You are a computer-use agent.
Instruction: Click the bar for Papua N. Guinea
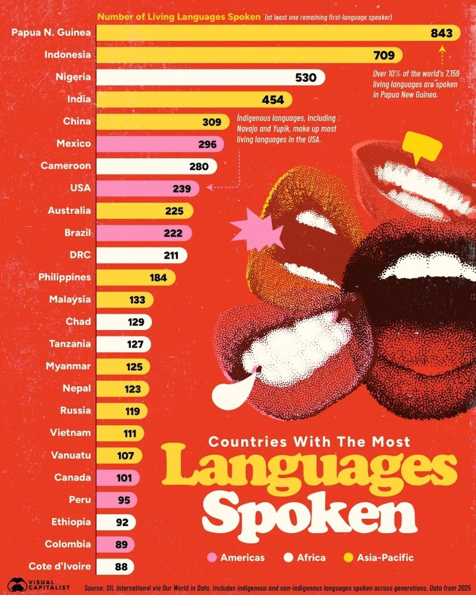click(x=278, y=33)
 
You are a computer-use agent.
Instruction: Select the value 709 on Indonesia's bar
click(x=384, y=56)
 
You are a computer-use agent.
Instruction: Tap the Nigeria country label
click(x=74, y=77)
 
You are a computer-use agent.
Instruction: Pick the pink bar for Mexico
click(x=160, y=144)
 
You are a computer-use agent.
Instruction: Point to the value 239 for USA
click(x=182, y=189)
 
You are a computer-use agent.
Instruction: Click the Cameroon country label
click(x=66, y=166)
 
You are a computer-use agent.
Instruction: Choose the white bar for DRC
click(x=142, y=255)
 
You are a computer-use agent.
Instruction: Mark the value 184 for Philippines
click(x=158, y=278)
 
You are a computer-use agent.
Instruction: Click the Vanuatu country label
click(x=70, y=455)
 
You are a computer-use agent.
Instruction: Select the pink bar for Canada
click(x=118, y=478)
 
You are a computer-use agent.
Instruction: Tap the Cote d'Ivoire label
click(x=60, y=566)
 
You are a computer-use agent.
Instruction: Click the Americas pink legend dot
click(x=212, y=557)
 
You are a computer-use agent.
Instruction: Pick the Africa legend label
click(x=312, y=557)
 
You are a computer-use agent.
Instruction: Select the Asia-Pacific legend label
click(x=385, y=557)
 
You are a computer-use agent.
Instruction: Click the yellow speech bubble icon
click(x=422, y=147)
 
